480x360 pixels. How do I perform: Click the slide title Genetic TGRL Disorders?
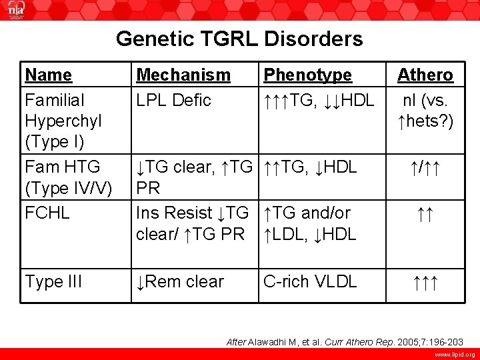tap(239, 39)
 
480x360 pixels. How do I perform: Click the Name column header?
tap(48, 75)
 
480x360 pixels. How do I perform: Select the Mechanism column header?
tap(183, 75)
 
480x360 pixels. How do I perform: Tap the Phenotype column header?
tap(307, 75)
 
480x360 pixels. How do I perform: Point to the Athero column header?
tap(425, 75)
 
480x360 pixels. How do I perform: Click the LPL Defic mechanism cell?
tap(173, 100)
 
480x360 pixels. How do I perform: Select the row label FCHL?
tap(47, 213)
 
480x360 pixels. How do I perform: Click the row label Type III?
tap(53, 281)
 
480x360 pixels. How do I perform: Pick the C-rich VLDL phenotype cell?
tap(310, 281)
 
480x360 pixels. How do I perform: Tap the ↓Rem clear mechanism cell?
tap(180, 281)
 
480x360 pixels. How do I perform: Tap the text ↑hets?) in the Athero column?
tap(425, 121)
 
